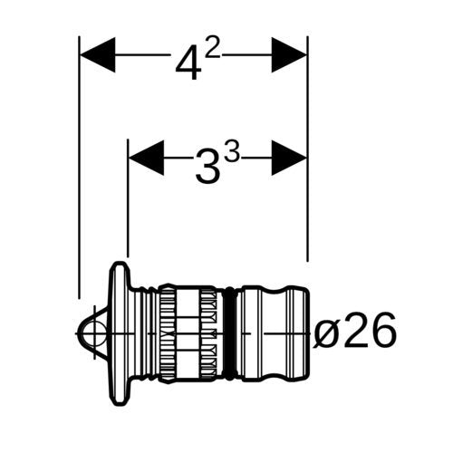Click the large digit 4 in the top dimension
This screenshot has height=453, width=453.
(x=188, y=63)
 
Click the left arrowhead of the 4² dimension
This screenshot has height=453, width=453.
(x=98, y=55)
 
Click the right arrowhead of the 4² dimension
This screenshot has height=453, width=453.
(x=289, y=55)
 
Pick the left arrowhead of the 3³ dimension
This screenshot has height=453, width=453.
(x=147, y=158)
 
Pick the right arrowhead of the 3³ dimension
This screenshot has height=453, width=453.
(x=289, y=158)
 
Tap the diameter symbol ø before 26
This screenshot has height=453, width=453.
(x=325, y=333)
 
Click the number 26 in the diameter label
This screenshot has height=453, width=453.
(x=368, y=330)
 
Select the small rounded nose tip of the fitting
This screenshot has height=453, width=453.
(x=92, y=333)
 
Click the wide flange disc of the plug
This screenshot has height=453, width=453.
(x=120, y=333)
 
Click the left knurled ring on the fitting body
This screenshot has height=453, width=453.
(x=168, y=333)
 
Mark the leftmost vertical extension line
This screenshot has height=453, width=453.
(x=79, y=168)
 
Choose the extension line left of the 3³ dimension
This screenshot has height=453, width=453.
(x=128, y=198)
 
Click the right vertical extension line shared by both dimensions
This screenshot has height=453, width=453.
(x=308, y=149)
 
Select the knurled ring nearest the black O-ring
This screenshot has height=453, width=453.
(x=208, y=333)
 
